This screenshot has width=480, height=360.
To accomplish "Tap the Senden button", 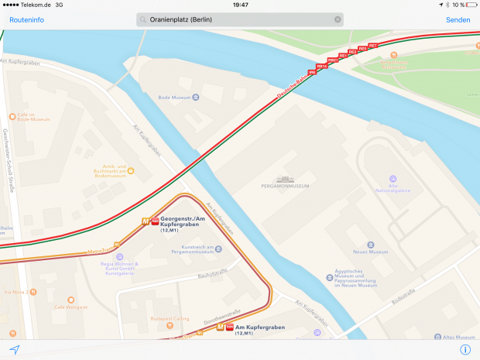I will point(458,19).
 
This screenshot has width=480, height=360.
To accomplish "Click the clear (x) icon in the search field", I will point(338,19).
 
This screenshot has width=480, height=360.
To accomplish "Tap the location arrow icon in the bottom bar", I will point(14,349).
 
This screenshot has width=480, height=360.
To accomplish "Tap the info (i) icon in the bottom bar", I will point(465,349).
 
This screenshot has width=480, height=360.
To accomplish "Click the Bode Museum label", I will point(173,98).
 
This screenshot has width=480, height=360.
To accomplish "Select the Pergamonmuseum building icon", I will point(284,177).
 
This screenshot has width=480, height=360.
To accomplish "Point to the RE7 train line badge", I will point(372,46).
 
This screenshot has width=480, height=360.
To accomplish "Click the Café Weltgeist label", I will point(70,307).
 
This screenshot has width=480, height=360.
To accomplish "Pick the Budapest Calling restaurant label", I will point(170,317).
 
